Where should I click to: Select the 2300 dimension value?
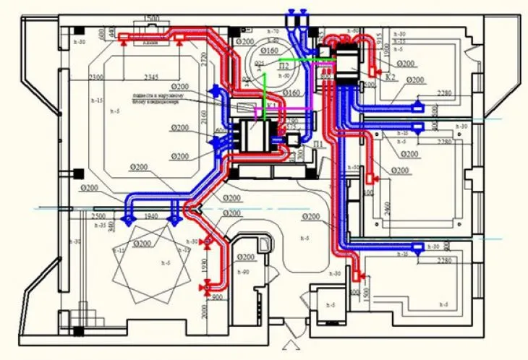(99, 77)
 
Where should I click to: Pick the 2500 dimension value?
(98, 216)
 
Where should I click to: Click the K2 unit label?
(391, 77)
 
